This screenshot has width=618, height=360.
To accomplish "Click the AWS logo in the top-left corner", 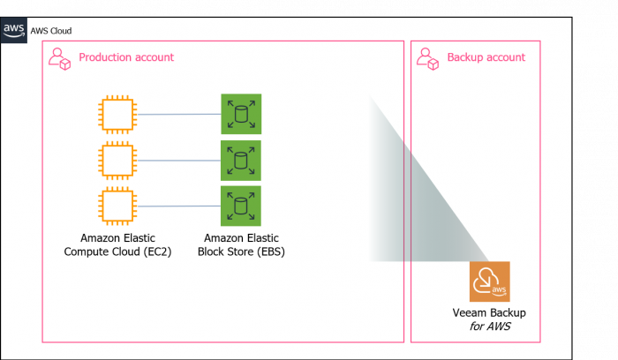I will click(x=13, y=30).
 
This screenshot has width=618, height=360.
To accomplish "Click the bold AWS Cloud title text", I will click(x=73, y=11).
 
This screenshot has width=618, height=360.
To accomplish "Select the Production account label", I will click(x=126, y=57).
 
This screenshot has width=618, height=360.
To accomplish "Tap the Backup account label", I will click(x=486, y=57).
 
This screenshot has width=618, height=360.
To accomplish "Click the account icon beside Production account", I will click(x=59, y=58).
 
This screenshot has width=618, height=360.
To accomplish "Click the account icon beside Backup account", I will click(x=428, y=58).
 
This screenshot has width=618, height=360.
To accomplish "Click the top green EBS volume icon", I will click(x=240, y=115).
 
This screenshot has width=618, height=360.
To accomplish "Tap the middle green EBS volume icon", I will click(x=240, y=161).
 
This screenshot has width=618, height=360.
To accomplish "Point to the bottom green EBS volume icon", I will click(x=240, y=206).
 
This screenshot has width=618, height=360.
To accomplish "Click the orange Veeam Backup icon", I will click(x=489, y=281).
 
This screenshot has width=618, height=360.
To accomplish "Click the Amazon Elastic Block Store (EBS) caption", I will click(x=241, y=244).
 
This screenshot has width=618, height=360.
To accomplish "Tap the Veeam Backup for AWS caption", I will click(x=489, y=319).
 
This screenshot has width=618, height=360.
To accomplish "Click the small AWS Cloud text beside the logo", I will click(x=50, y=31).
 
